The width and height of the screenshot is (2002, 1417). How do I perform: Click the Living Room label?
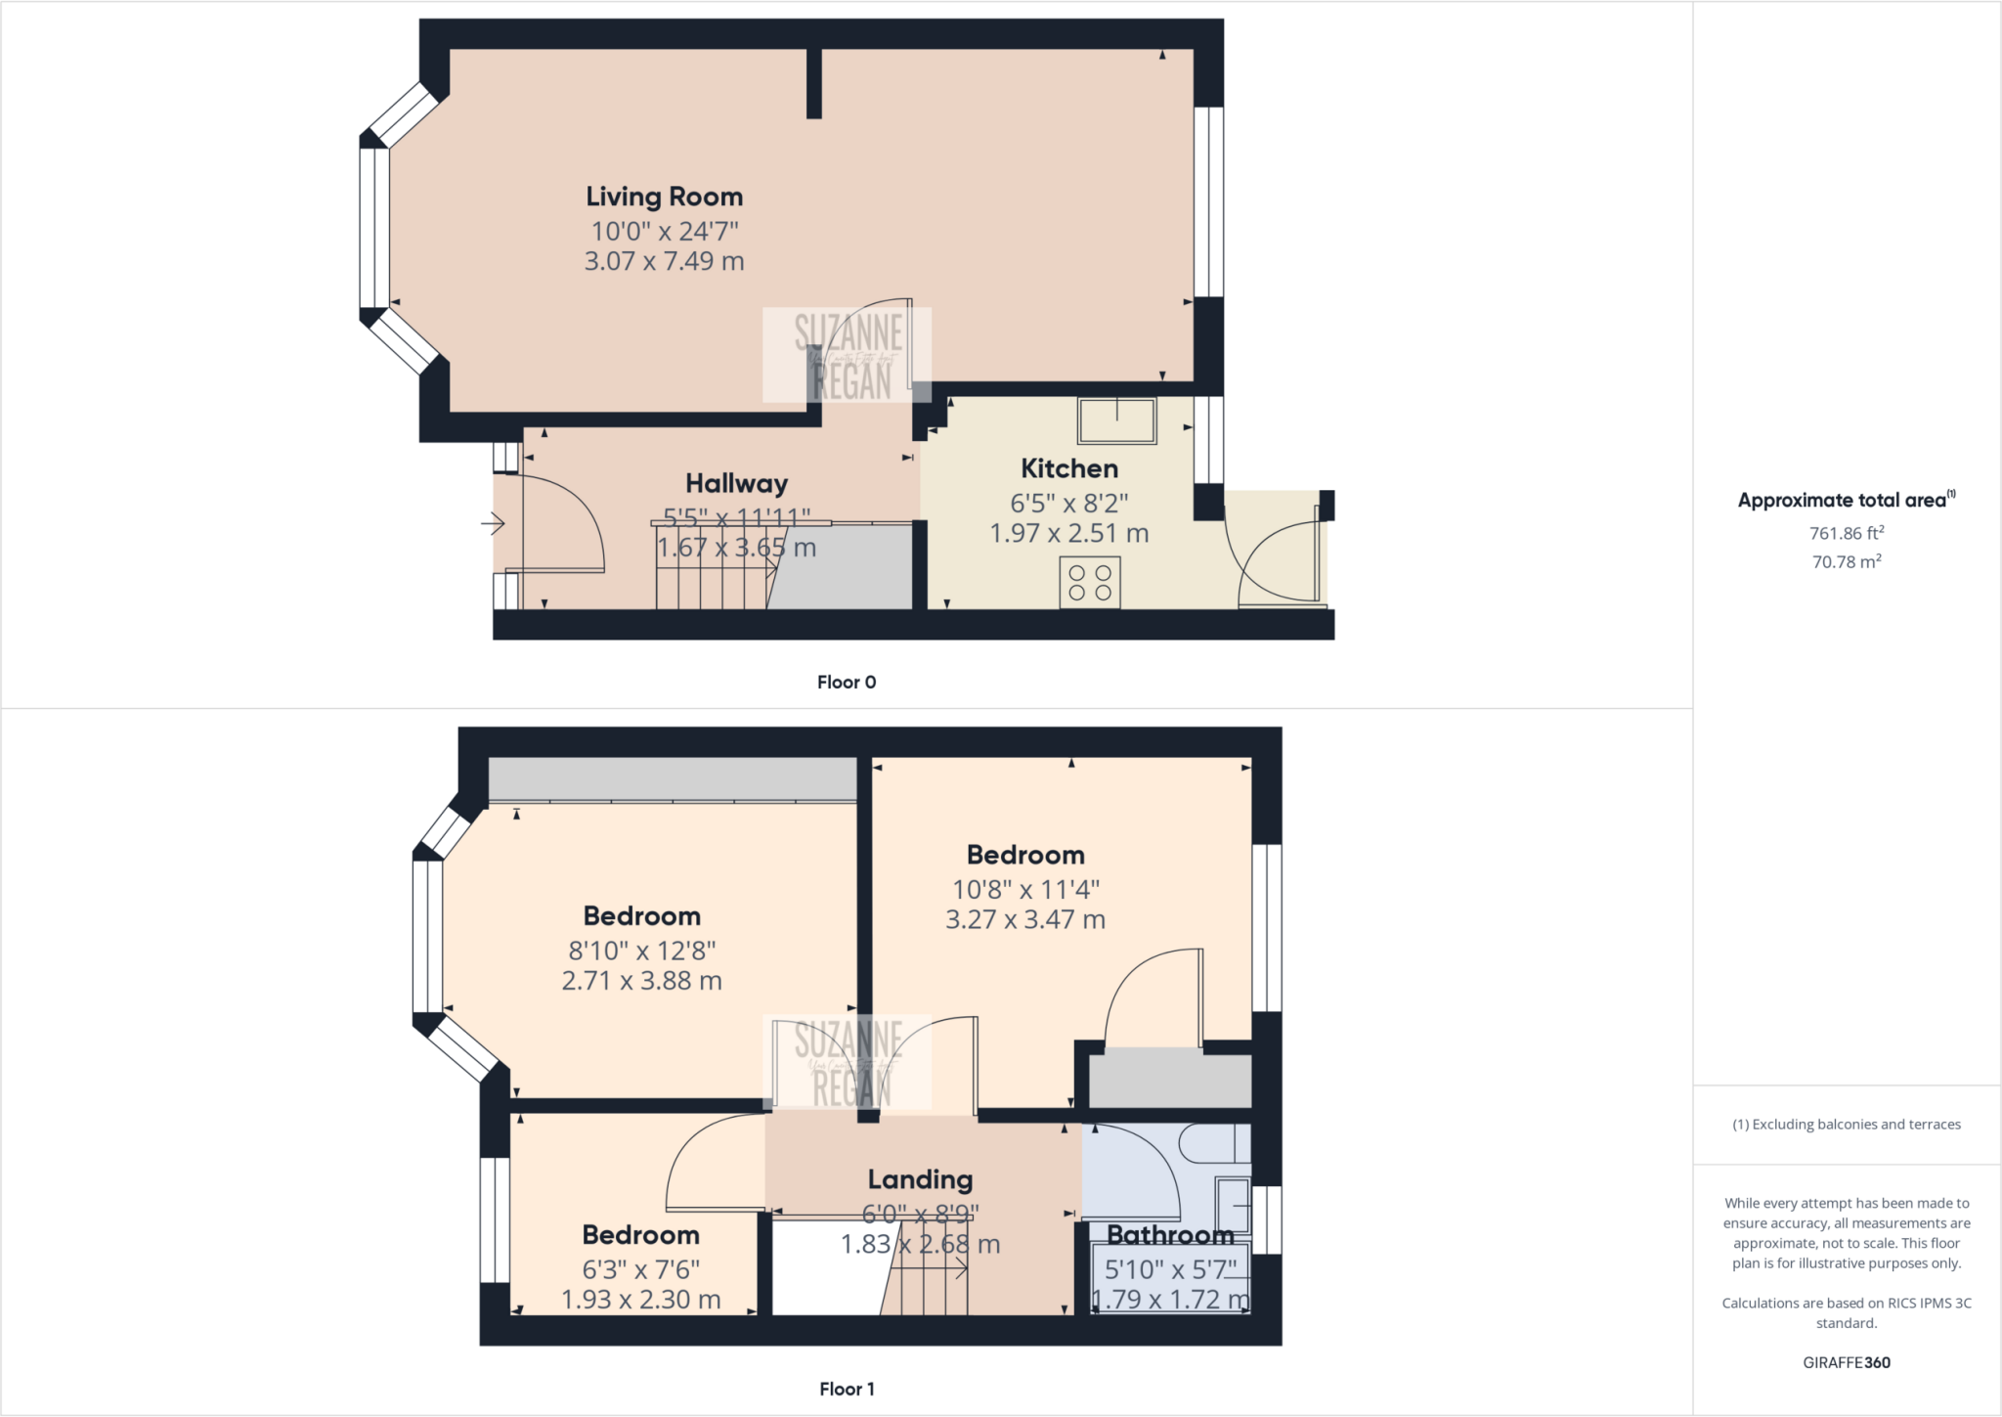664,197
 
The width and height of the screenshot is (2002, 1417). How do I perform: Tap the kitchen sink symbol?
1116,421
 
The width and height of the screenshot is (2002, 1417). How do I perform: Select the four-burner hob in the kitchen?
1089,582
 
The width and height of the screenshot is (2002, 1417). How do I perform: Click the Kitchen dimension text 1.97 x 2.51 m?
1068,534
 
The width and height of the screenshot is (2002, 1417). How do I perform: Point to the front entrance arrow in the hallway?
493,525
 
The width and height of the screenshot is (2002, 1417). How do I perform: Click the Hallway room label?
736,483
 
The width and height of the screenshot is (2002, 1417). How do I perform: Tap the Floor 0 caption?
846,683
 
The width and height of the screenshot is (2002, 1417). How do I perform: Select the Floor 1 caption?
846,1389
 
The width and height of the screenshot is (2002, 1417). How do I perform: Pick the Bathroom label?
1170,1235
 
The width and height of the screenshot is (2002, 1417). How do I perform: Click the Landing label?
920,1179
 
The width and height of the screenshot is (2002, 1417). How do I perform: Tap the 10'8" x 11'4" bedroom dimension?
1025,889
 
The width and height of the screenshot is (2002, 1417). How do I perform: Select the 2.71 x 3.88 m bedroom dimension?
641,981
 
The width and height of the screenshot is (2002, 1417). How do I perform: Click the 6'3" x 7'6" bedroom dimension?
640,1269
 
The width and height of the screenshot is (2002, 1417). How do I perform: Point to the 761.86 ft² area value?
1846,533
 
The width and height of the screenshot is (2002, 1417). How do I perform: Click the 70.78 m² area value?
1846,561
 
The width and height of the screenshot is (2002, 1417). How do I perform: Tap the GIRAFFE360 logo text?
1846,1362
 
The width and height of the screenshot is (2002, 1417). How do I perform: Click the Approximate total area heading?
1844,500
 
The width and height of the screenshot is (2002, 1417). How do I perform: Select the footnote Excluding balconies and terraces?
1846,1125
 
